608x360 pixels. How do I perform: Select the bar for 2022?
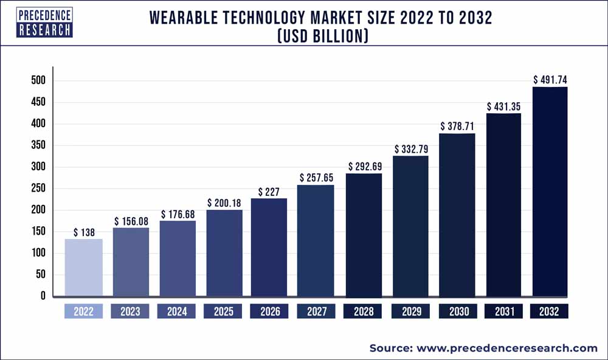point(84,268)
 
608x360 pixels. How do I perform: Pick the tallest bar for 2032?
point(550,192)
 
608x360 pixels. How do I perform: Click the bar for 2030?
point(457,215)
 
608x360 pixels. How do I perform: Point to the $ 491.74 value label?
point(550,79)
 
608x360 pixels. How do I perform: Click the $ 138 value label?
point(84,232)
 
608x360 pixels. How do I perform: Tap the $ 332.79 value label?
point(410,149)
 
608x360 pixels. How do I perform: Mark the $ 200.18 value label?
point(224,202)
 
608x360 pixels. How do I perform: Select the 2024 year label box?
point(177,311)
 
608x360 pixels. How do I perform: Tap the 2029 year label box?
point(410,311)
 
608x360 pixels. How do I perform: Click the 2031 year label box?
point(503,311)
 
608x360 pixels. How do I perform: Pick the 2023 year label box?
point(131,311)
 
